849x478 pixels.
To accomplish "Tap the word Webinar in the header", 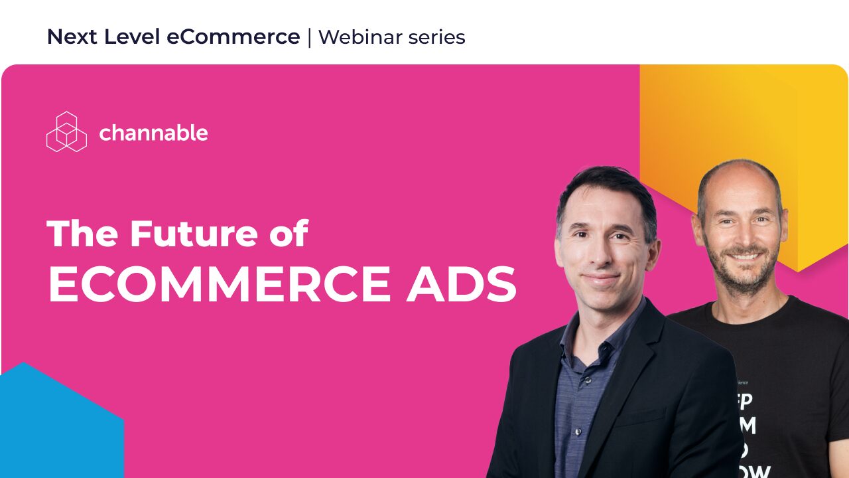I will pos(356,37).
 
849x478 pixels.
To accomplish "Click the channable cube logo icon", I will pos(66,131).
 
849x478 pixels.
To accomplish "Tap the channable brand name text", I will pos(153,133).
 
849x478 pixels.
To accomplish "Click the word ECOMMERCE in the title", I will pos(220,285).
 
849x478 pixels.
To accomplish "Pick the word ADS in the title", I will pos(462,285).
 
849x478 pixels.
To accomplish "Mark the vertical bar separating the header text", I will pos(309,38).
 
